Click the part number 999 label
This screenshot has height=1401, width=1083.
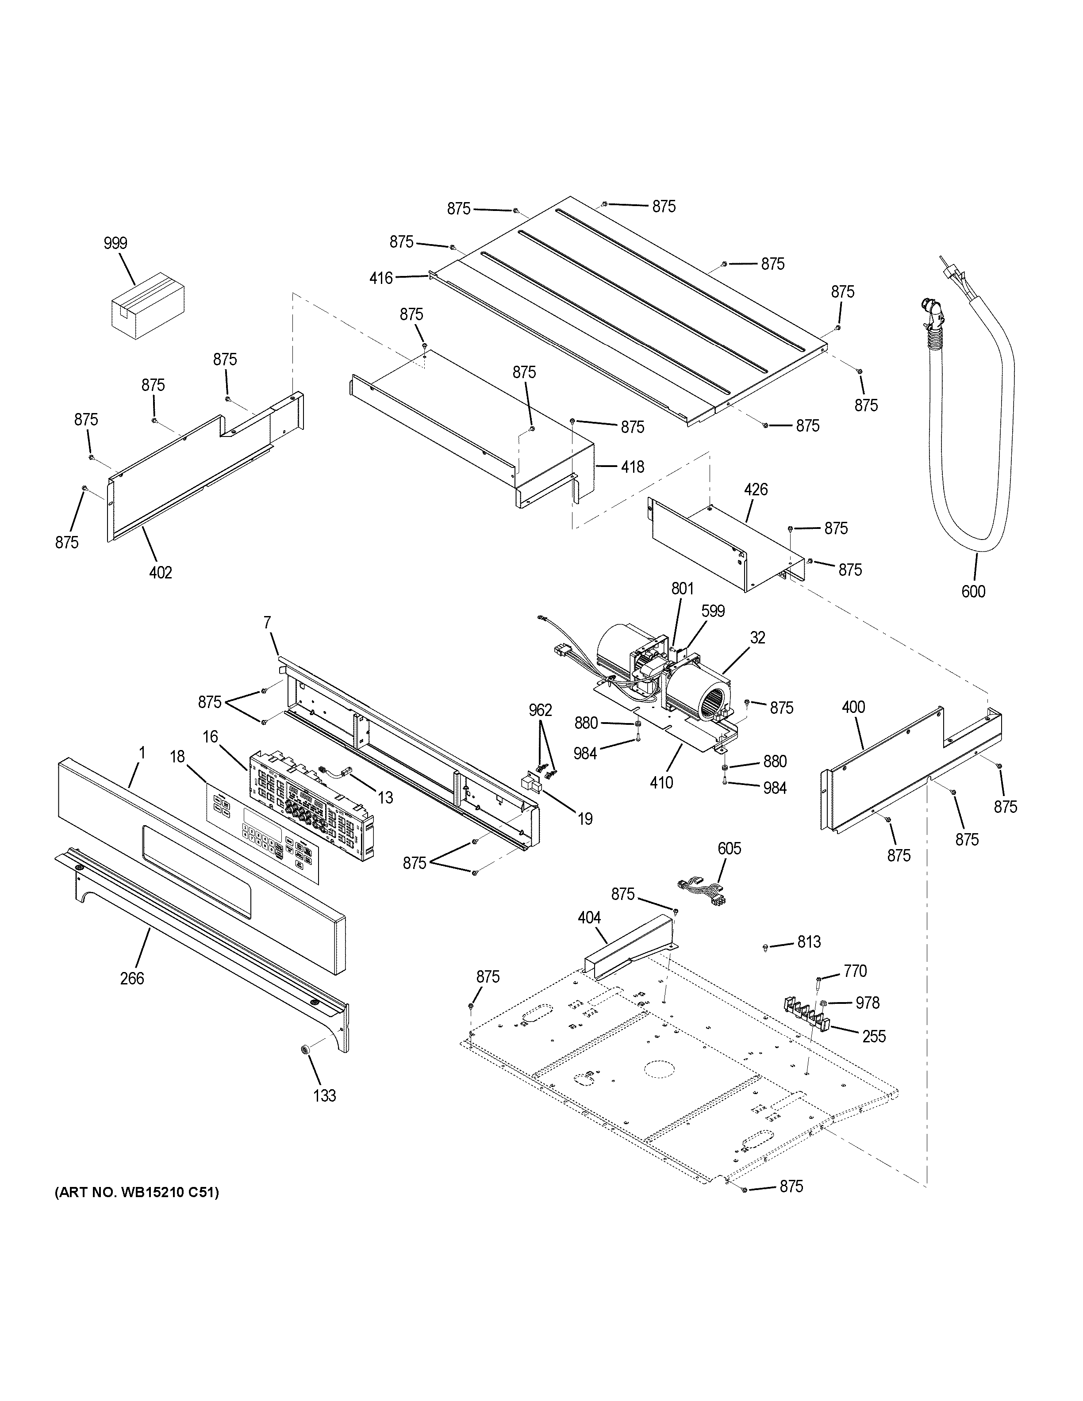tap(115, 243)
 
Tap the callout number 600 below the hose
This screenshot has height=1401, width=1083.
tap(973, 591)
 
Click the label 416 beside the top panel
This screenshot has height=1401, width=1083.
tap(381, 278)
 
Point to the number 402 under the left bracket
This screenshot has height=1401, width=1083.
tap(161, 572)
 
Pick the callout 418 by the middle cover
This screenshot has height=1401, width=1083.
tap(633, 467)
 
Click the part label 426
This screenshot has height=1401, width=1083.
tap(756, 490)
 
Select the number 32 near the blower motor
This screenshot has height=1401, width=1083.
tap(758, 638)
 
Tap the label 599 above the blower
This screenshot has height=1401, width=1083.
tap(712, 611)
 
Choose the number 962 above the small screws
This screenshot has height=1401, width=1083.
tap(540, 710)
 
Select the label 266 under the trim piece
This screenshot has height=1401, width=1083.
tap(132, 978)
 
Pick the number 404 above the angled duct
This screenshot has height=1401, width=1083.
tap(589, 918)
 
